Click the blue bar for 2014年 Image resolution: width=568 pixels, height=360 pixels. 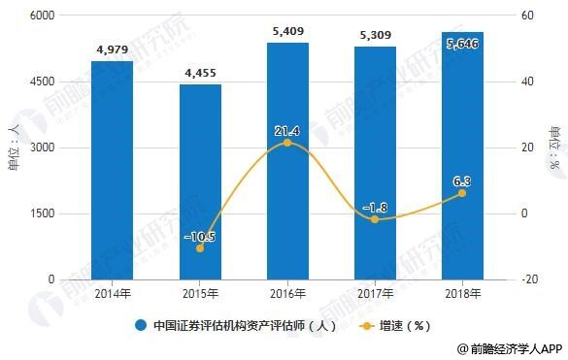click(112, 170)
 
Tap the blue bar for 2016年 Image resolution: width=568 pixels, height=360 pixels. click(287, 161)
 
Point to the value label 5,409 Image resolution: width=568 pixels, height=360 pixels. click(287, 32)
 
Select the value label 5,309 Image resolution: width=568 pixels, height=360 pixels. click(375, 36)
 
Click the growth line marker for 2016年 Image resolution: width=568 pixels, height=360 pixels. click(287, 143)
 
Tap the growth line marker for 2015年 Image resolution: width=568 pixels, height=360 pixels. click(199, 248)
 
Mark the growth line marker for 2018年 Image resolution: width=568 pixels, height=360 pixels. click(462, 193)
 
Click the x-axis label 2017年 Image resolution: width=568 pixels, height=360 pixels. click(375, 292)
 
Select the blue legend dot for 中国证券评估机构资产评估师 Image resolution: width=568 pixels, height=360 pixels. click(141, 326)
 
